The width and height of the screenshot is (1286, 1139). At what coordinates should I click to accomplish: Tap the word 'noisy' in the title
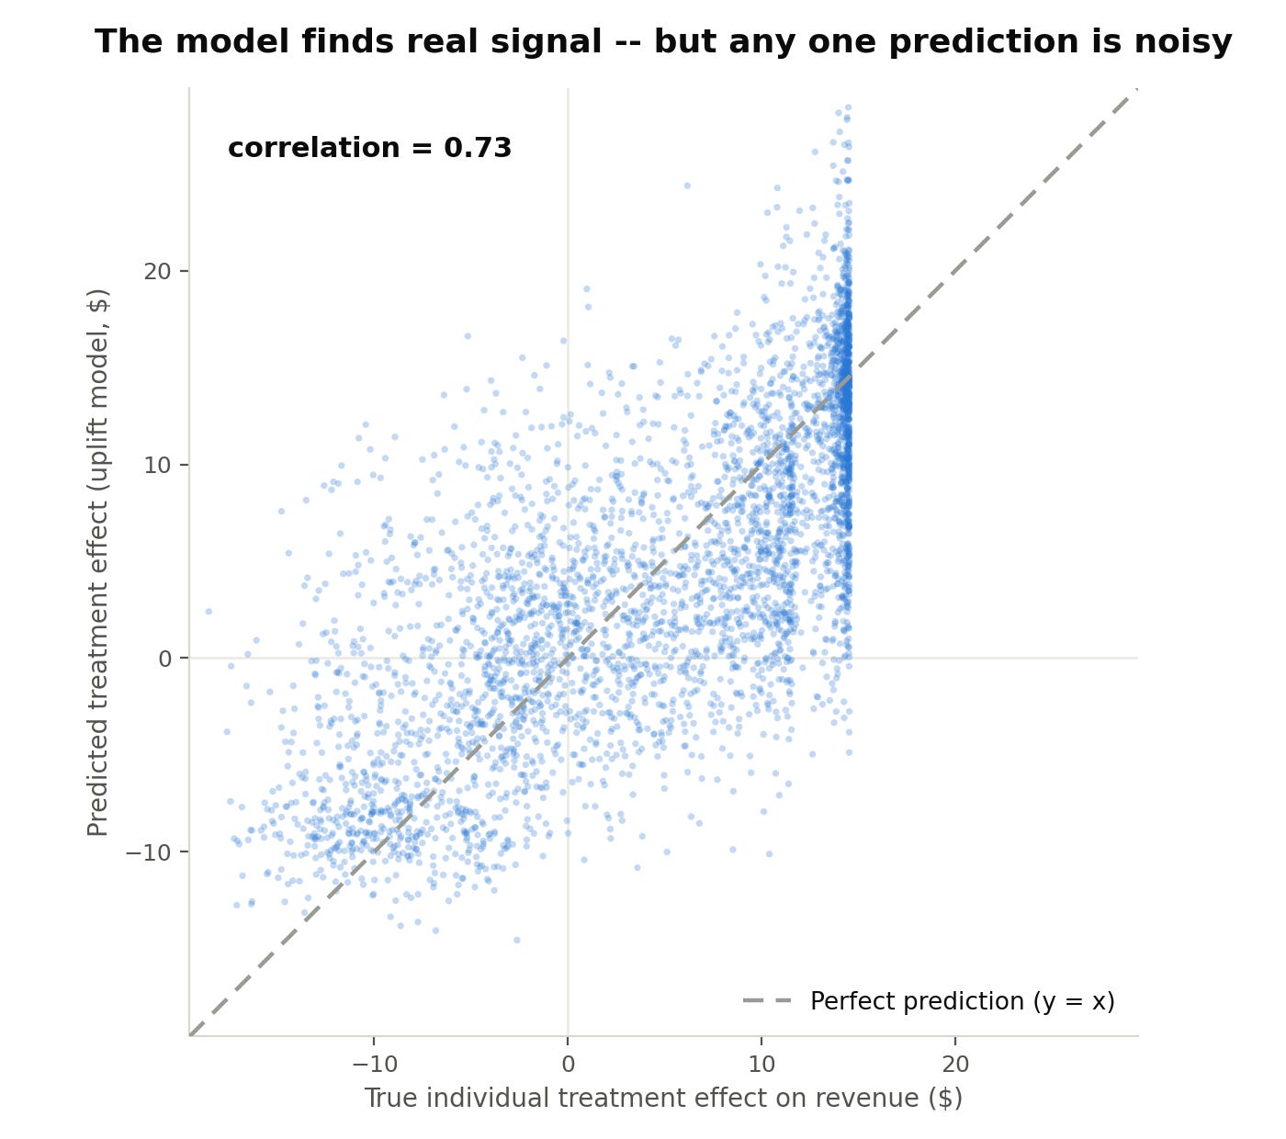coord(1182,43)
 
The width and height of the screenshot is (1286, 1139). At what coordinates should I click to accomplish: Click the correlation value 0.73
coord(478,148)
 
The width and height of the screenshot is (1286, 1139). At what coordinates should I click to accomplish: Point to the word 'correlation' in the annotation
coord(313,148)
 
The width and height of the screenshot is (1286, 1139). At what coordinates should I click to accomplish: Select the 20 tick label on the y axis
coord(157,271)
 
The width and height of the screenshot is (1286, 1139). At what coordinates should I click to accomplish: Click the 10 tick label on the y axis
coord(157,466)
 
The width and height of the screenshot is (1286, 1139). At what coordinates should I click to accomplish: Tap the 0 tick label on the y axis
coord(165,659)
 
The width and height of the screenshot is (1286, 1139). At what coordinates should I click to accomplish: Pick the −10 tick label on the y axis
coord(149,852)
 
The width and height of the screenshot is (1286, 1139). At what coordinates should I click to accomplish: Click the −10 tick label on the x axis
coord(375,1064)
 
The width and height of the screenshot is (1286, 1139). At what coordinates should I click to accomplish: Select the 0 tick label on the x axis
coord(568,1064)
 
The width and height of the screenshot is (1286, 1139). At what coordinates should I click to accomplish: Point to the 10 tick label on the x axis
coord(761,1064)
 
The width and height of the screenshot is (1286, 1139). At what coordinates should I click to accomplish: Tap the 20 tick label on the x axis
coord(955,1064)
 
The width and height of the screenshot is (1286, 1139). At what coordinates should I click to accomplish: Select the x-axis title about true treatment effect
coord(663,1099)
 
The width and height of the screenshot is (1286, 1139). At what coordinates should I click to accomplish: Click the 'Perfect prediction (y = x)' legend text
coord(963,1001)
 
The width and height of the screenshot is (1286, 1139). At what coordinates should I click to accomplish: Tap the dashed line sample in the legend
coord(767,1001)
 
